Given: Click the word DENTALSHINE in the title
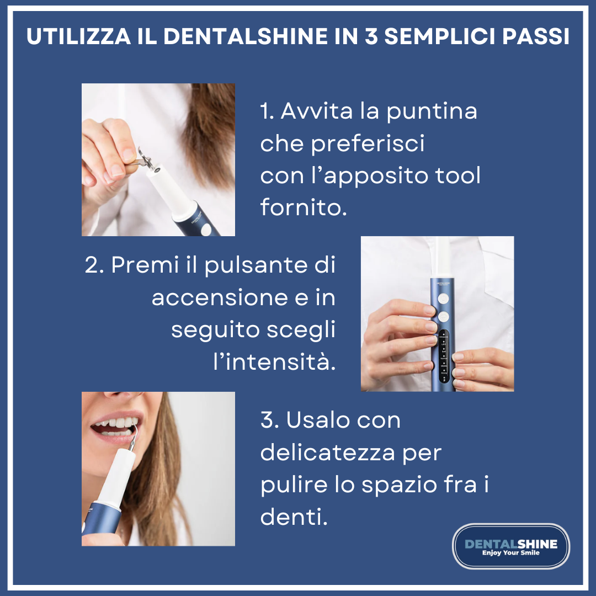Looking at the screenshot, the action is click(x=246, y=36).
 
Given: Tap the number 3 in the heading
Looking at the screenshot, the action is click(x=371, y=36).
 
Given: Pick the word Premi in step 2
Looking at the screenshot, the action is click(x=145, y=264).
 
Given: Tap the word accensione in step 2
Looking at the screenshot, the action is click(x=220, y=297).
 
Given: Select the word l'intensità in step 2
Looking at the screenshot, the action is click(x=274, y=361).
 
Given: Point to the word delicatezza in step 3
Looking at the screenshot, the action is click(x=328, y=453).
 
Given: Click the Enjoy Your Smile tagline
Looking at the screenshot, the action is click(x=511, y=552).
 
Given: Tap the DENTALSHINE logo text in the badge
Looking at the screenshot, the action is click(x=511, y=544).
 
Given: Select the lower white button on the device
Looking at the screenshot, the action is click(x=443, y=317).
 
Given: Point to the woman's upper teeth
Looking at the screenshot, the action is click(x=116, y=422).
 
